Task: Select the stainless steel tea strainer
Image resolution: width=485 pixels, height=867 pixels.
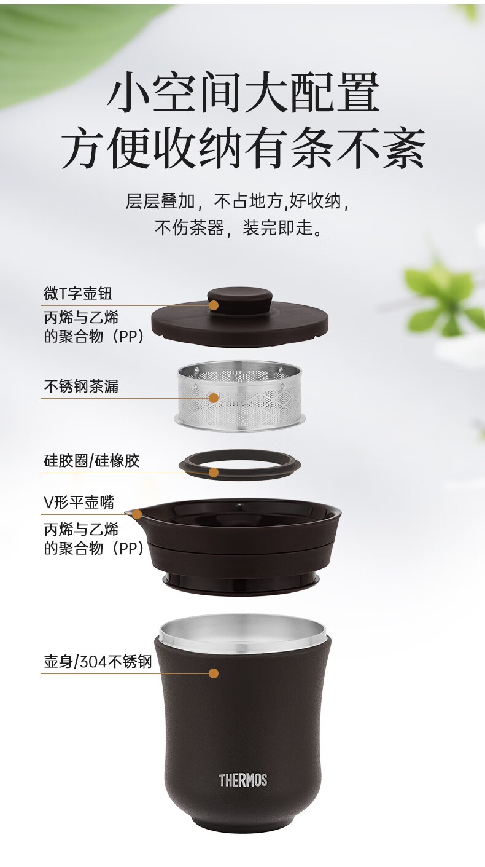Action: point(240,396)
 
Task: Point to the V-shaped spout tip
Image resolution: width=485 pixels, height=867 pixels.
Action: point(126,514)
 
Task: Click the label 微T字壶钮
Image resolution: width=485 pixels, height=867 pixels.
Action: point(78,293)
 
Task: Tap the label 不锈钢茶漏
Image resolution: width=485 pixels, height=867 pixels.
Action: point(81,386)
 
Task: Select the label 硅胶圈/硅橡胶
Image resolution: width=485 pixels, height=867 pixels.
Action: point(91,461)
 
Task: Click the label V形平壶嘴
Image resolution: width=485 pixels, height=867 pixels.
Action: point(79,503)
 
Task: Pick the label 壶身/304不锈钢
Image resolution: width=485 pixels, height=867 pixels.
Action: point(98,662)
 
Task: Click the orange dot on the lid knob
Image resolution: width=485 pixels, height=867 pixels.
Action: point(214,305)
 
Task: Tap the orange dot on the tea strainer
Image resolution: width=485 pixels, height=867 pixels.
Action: point(214,398)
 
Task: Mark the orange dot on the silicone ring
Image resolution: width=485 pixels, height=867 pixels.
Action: point(214,473)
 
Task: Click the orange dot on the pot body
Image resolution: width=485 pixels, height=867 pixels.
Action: point(214,673)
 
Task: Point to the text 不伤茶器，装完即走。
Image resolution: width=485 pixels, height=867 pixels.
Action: point(239,227)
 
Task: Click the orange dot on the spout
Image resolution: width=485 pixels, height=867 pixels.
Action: point(137,514)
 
